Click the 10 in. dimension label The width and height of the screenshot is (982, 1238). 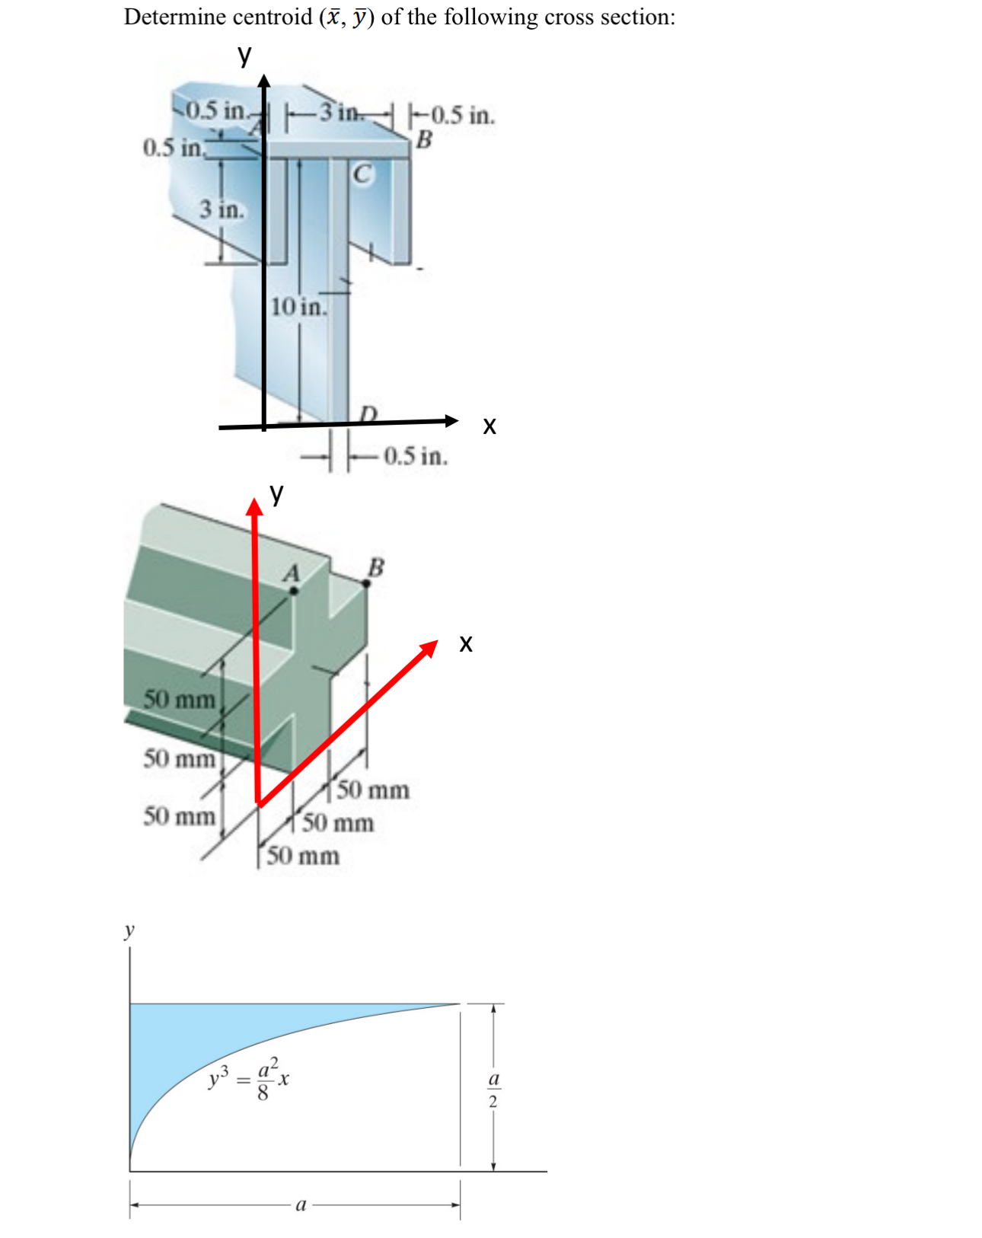coord(298,307)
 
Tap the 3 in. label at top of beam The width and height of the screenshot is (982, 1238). coord(340,113)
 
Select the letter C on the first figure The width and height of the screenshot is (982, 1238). coord(363,174)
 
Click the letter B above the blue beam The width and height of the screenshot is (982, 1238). coord(424,139)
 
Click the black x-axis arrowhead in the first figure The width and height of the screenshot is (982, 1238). coord(451,420)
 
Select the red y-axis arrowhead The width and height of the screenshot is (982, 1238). coord(254,507)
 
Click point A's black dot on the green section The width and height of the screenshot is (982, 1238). coord(294,590)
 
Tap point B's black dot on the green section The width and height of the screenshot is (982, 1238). coord(366,583)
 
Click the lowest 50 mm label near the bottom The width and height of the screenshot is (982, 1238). coord(303,856)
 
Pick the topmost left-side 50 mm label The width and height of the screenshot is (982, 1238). coord(180,699)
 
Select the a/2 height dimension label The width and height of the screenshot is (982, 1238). coord(493,1090)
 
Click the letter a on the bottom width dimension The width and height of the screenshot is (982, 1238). coord(301,1204)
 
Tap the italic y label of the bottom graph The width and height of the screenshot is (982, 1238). coord(129,930)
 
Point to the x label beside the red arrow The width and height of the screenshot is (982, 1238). coord(466,644)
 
